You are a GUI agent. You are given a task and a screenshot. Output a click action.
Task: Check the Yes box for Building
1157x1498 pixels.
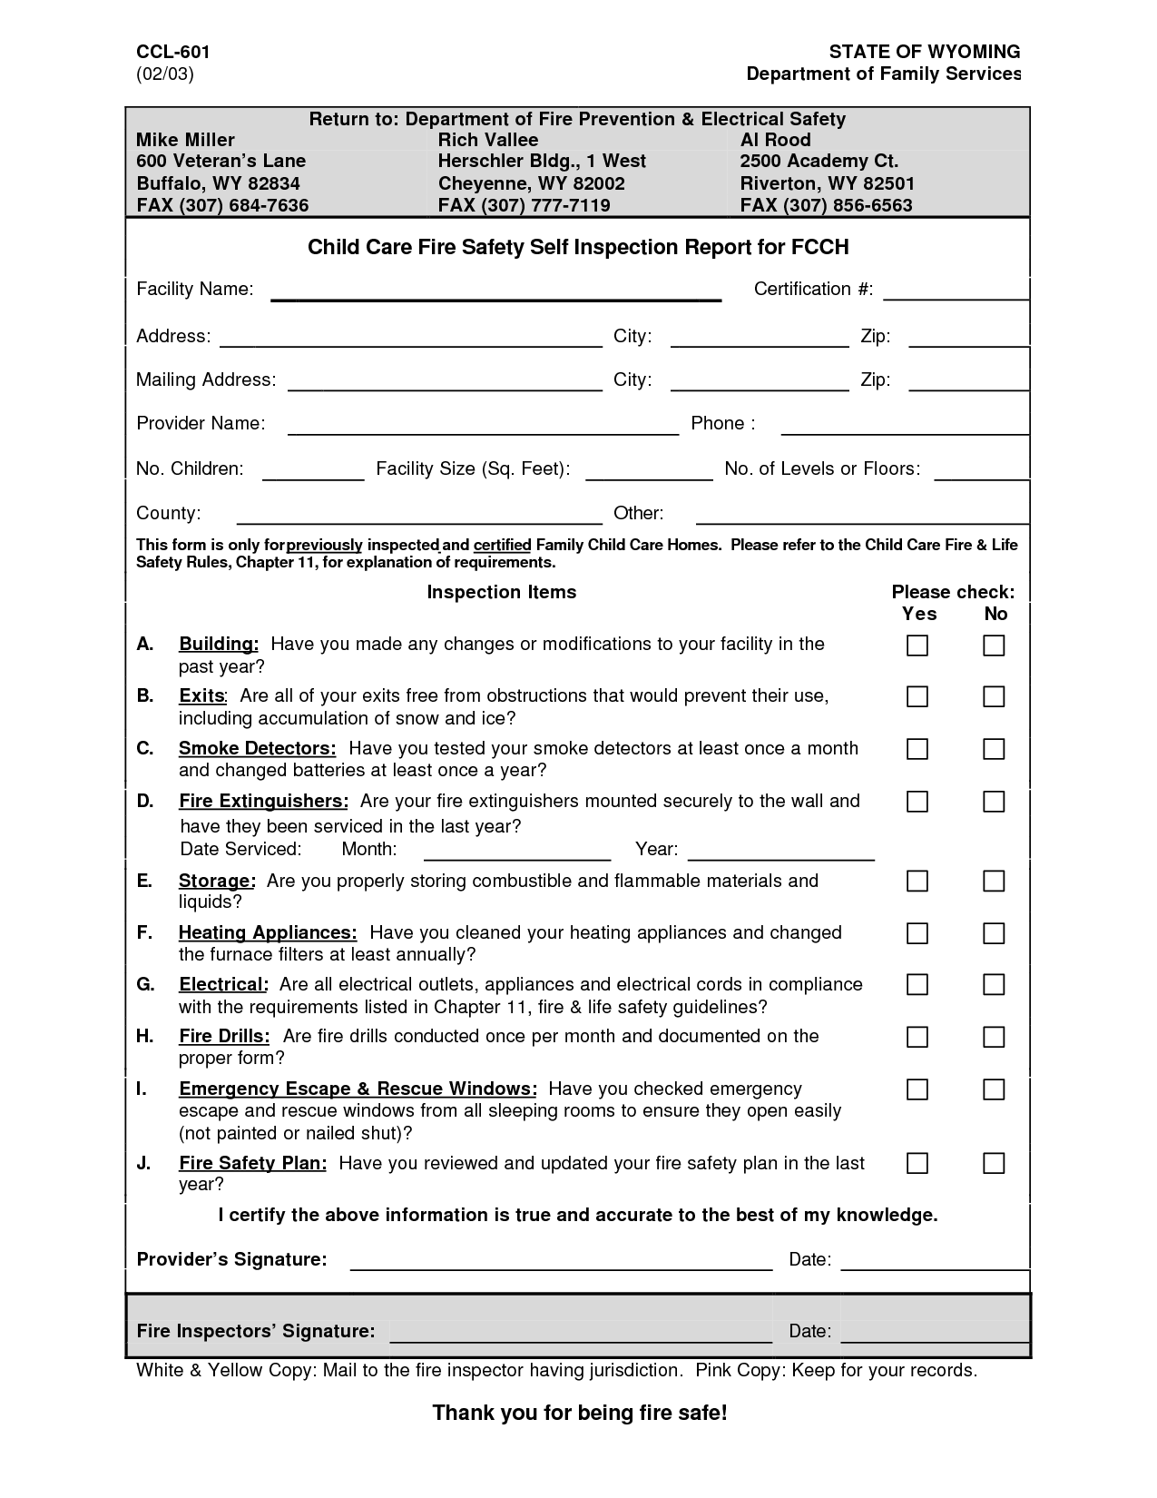coord(917,646)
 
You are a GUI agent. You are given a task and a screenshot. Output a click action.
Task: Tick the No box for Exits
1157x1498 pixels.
coord(994,697)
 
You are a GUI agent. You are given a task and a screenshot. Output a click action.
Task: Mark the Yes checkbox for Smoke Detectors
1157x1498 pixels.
coord(917,749)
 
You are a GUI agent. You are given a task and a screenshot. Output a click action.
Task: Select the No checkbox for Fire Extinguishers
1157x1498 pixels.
coord(994,802)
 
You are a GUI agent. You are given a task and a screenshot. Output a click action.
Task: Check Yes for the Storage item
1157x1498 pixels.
coord(917,881)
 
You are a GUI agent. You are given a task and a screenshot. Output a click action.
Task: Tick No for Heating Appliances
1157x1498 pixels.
coord(994,933)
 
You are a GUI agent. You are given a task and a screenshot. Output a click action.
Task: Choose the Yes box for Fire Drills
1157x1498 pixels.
coord(917,1037)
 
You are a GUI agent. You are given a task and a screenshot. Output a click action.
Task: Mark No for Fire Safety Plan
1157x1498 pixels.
coord(994,1163)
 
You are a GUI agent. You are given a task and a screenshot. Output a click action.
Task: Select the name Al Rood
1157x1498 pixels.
coord(775,140)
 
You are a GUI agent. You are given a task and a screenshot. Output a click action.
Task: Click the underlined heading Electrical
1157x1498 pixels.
coord(222,985)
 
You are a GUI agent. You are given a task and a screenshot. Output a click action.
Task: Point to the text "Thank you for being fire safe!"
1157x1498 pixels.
coord(580,1413)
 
